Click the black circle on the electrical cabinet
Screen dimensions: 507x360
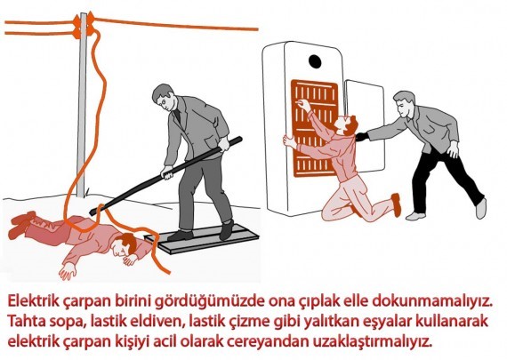pos(315,61)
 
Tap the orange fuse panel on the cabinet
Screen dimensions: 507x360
pos(314,128)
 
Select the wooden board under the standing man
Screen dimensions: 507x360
pos(202,238)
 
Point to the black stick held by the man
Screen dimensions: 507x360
pos(165,176)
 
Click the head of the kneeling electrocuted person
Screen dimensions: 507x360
pos(347,124)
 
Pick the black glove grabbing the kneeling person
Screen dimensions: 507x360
pos(362,136)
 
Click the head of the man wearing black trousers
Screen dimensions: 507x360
pos(403,104)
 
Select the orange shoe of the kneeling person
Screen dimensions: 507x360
pos(396,204)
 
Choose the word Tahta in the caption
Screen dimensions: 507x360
pos(26,322)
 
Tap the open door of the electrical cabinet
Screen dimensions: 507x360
pos(364,126)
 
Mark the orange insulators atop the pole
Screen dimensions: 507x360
pos(84,25)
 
